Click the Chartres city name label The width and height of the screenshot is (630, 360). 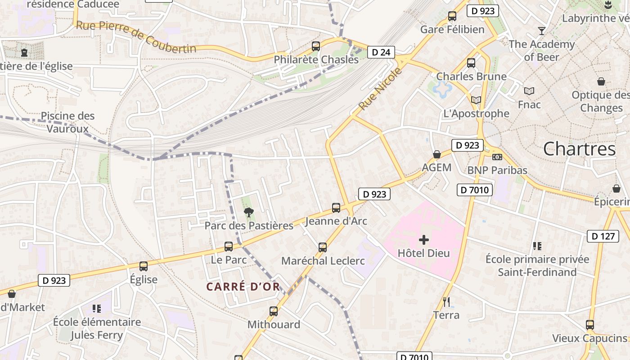point(579,149)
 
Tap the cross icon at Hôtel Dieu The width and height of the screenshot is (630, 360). point(424,240)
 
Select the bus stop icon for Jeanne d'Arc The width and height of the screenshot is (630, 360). point(336,207)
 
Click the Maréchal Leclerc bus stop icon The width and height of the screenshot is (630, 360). point(323,247)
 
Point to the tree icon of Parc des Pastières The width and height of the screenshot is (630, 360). point(248,212)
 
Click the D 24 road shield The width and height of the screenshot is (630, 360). point(381,52)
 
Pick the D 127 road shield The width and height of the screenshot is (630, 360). point(603,236)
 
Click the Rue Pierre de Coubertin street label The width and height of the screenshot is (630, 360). point(136,36)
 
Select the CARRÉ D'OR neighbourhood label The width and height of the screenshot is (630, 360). point(243,287)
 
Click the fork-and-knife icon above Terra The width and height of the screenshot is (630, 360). point(446,301)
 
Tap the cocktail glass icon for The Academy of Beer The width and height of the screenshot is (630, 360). point(542,31)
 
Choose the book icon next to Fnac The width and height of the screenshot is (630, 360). point(529,91)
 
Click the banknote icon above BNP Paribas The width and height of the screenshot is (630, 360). point(497,157)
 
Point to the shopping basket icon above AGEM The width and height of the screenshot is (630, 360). point(436,154)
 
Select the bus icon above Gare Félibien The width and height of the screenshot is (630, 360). point(452,16)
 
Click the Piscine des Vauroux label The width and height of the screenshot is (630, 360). point(67,122)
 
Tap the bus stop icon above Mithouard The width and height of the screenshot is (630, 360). point(273,311)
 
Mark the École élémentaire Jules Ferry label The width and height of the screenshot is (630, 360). point(97,328)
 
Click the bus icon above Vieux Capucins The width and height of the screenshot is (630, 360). point(590,324)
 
